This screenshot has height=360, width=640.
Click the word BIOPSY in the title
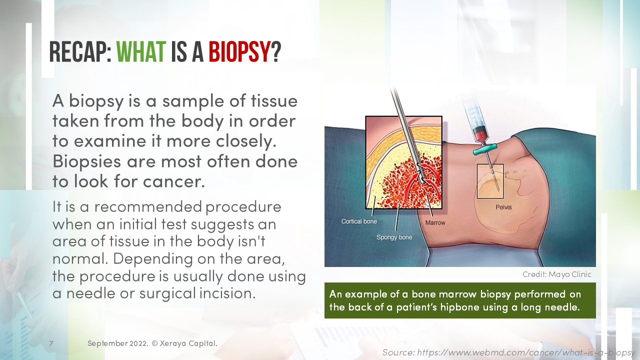[239, 52]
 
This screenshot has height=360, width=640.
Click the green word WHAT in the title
[140, 52]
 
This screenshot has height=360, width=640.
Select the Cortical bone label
[359, 221]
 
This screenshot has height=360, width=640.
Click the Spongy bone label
[394, 237]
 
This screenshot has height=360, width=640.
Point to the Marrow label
[434, 222]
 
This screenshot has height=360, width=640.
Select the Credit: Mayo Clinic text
[556, 274]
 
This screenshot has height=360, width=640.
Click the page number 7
[51, 343]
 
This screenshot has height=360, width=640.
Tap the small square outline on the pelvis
[490, 181]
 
